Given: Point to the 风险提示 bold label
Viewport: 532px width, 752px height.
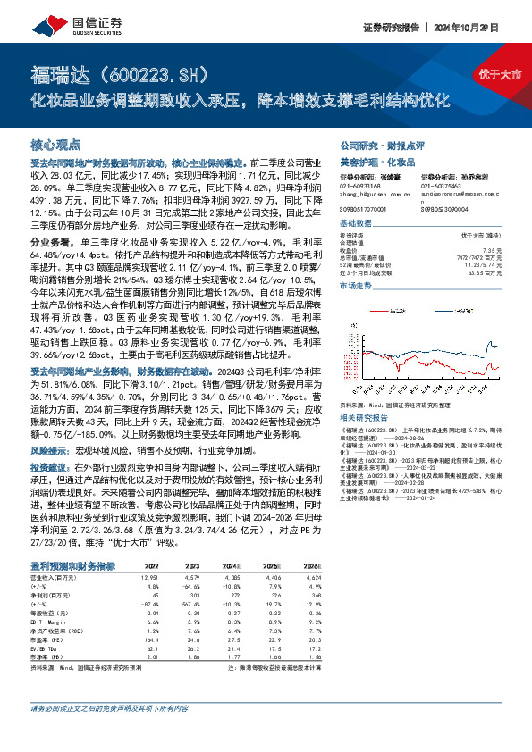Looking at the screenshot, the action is pos(48,451).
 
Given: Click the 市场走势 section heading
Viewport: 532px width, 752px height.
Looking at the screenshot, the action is pos(355,284).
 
